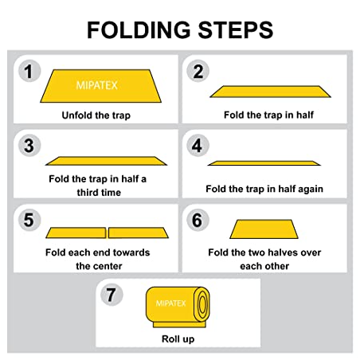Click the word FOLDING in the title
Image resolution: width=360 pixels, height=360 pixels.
point(139,29)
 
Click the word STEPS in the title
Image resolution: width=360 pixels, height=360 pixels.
point(236,29)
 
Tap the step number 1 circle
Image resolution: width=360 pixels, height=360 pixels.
point(29,71)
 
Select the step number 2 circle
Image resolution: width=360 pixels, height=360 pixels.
point(198,71)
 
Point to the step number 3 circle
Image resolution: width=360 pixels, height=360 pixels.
point(29,145)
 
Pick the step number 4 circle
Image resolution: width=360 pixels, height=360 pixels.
point(198,145)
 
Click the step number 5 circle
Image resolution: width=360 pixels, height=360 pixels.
point(29,220)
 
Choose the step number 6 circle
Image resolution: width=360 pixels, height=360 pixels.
point(198,220)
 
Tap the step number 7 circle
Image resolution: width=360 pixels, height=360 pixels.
point(112,295)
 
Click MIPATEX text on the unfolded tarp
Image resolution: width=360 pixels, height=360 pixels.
point(96,85)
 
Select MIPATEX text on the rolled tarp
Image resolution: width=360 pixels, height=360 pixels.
point(170,303)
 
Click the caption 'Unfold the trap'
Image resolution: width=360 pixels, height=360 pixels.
point(96,115)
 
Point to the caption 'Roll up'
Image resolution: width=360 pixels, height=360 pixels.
point(178,339)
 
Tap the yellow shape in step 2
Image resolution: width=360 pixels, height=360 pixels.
point(270,92)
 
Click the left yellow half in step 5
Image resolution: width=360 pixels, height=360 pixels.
point(76,233)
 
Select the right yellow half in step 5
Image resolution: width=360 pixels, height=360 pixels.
point(139,233)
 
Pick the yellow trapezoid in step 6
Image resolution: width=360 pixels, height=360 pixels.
point(264,229)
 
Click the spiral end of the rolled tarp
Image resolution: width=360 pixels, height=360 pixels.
point(202,304)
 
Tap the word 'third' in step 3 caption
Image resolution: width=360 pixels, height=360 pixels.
point(87,192)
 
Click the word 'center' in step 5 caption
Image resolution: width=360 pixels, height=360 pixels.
point(105,266)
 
